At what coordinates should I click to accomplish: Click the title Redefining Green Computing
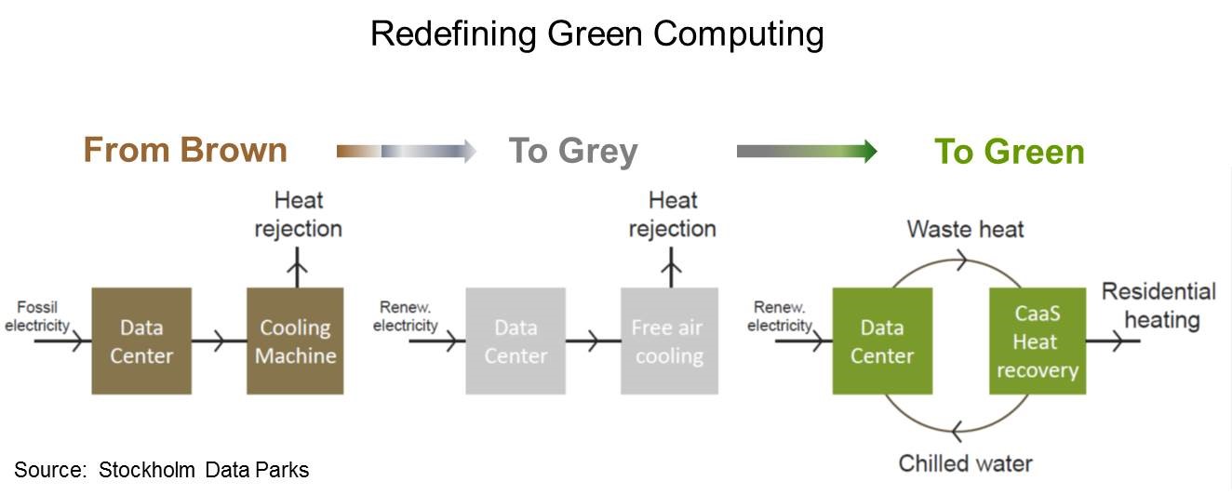596,33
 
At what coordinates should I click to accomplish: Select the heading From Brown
185,150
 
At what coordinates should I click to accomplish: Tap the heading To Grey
572,151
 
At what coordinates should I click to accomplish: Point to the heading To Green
1010,152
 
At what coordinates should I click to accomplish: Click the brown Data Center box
141,341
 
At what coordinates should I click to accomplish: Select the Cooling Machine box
295,341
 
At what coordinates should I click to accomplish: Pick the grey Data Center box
516,341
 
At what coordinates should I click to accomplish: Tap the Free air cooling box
669,341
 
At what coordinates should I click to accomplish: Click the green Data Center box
882,341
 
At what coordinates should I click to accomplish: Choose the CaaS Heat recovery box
1037,341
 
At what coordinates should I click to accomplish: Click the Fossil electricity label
37,316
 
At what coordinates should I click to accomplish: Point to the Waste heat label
965,229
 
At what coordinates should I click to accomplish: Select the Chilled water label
965,462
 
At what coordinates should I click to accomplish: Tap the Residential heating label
1158,306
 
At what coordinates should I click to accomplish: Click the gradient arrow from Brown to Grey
406,151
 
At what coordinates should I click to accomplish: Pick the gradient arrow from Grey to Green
806,151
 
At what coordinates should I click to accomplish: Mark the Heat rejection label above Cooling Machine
298,214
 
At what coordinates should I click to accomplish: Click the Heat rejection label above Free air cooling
672,214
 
